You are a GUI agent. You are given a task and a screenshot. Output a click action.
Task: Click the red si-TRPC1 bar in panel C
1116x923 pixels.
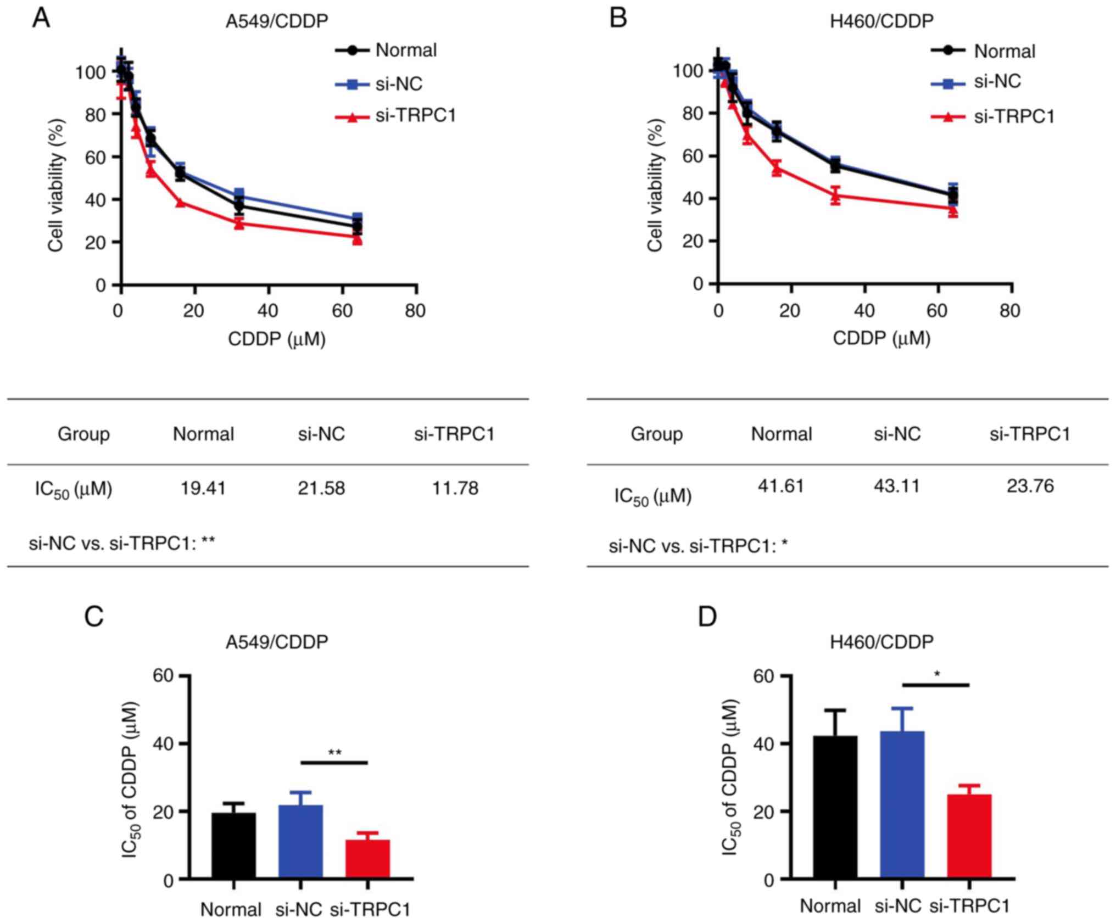tap(367, 859)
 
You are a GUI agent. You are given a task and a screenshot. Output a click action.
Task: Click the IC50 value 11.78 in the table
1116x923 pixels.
tap(455, 488)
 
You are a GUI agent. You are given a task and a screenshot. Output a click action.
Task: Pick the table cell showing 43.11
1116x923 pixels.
tap(896, 485)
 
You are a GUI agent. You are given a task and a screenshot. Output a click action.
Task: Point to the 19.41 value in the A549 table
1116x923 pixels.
tap(203, 488)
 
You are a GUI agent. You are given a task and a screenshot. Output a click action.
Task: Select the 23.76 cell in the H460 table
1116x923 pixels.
tap(1030, 485)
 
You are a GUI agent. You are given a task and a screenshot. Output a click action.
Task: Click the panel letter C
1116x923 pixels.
tap(94, 617)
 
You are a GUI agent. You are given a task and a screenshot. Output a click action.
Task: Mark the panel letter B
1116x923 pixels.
tap(619, 19)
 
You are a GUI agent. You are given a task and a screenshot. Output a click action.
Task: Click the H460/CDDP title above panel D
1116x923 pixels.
tap(881, 641)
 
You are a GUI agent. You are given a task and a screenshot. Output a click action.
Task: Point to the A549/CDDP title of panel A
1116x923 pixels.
tap(277, 21)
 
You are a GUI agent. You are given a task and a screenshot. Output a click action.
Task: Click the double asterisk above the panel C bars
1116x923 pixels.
tap(334, 752)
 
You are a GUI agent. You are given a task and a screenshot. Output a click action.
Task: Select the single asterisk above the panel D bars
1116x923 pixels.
tap(937, 674)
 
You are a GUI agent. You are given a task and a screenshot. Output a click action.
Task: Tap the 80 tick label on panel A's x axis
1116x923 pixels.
tap(415, 311)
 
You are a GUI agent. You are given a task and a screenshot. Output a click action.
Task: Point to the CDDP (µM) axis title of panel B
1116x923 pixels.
tap(881, 338)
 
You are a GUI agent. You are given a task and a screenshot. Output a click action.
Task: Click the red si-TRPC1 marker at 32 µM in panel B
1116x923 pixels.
tap(835, 194)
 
